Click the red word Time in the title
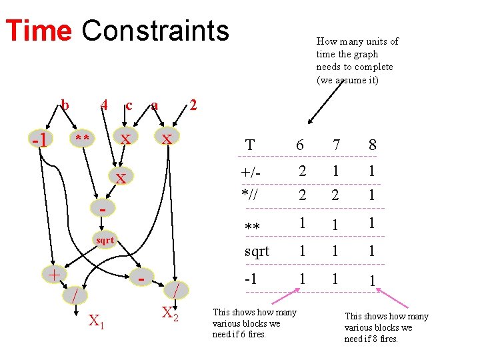(38, 31)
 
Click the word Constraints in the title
(155, 31)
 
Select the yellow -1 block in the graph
(41, 140)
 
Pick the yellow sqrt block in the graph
(105, 240)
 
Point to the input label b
(65, 104)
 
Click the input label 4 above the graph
(103, 104)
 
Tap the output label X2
(170, 312)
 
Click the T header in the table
(250, 145)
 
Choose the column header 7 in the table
(337, 145)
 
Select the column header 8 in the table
(372, 145)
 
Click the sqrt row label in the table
(257, 251)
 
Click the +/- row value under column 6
(301, 171)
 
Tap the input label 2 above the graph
(193, 104)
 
